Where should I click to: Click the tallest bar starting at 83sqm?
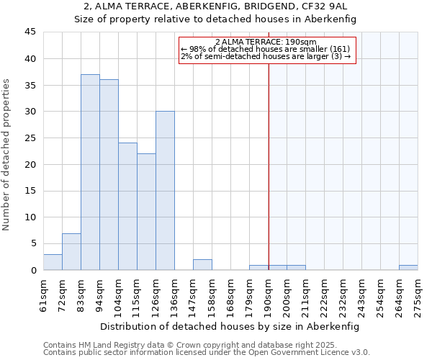click(x=90, y=173)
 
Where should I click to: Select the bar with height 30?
click(x=165, y=191)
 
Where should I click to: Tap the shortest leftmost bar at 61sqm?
click(x=53, y=262)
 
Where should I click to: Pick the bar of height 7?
click(x=71, y=252)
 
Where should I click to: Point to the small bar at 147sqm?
click(x=202, y=265)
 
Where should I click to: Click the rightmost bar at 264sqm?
click(x=408, y=268)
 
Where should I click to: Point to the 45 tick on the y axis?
click(x=30, y=32)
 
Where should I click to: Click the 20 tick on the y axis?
click(x=30, y=164)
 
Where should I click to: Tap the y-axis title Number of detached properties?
click(x=7, y=155)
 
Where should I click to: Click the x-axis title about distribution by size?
click(x=229, y=326)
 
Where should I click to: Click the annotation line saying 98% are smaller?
click(x=265, y=49)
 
